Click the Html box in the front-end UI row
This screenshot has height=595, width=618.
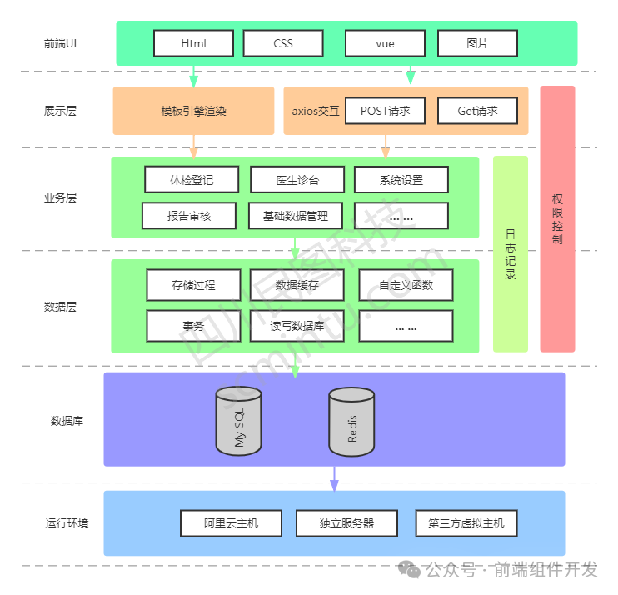click(x=193, y=43)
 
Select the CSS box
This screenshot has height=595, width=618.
click(x=283, y=43)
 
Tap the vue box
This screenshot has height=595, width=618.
click(x=385, y=43)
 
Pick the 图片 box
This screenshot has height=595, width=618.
click(x=477, y=43)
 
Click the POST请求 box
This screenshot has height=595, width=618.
click(x=385, y=111)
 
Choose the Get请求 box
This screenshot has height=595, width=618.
click(x=477, y=111)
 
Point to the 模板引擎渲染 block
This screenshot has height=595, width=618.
click(x=193, y=111)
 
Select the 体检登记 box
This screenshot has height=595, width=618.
click(x=192, y=179)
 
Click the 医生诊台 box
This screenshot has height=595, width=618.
click(x=297, y=179)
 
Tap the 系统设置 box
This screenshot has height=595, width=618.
click(x=401, y=179)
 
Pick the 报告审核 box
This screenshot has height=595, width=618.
click(x=189, y=216)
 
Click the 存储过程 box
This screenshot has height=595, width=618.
click(x=193, y=285)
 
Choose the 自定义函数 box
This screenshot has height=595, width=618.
click(x=406, y=285)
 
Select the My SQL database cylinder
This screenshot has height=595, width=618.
click(x=238, y=422)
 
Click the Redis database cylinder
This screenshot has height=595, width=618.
click(x=351, y=422)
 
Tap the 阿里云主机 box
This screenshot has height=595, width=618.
click(x=232, y=523)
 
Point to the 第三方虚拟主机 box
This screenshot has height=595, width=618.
click(x=466, y=523)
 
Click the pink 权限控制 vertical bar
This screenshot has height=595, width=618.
click(x=557, y=218)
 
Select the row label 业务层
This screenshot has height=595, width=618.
click(x=60, y=198)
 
